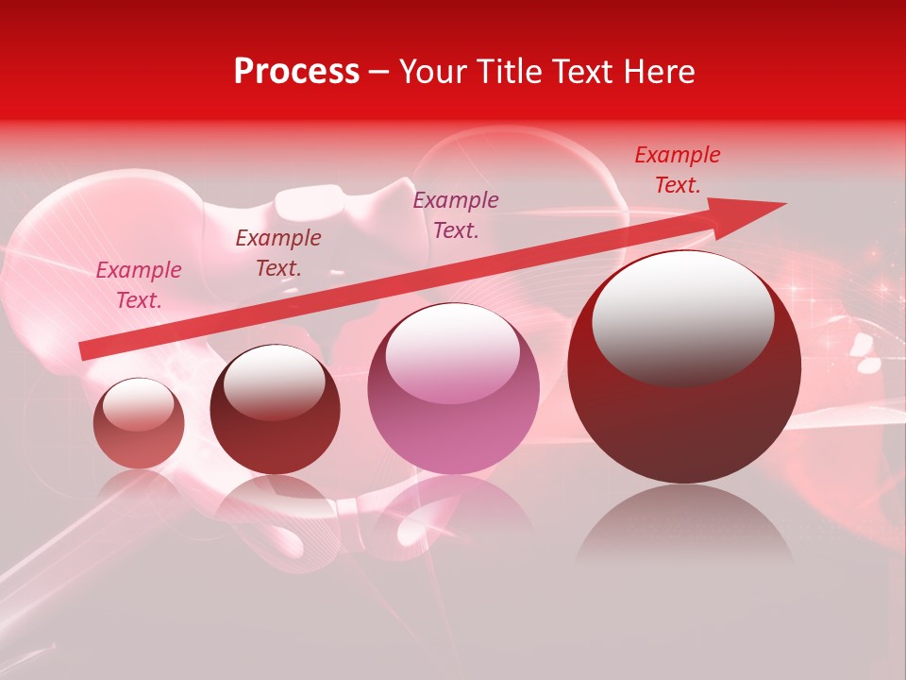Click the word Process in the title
tap(296, 72)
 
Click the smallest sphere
tap(139, 424)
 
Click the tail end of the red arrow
tap(85, 350)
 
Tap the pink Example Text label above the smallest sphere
tap(139, 285)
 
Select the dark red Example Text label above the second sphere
tap(278, 253)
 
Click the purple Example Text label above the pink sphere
tap(456, 214)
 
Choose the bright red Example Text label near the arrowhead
tap(678, 170)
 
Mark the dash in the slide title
tap(379, 72)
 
